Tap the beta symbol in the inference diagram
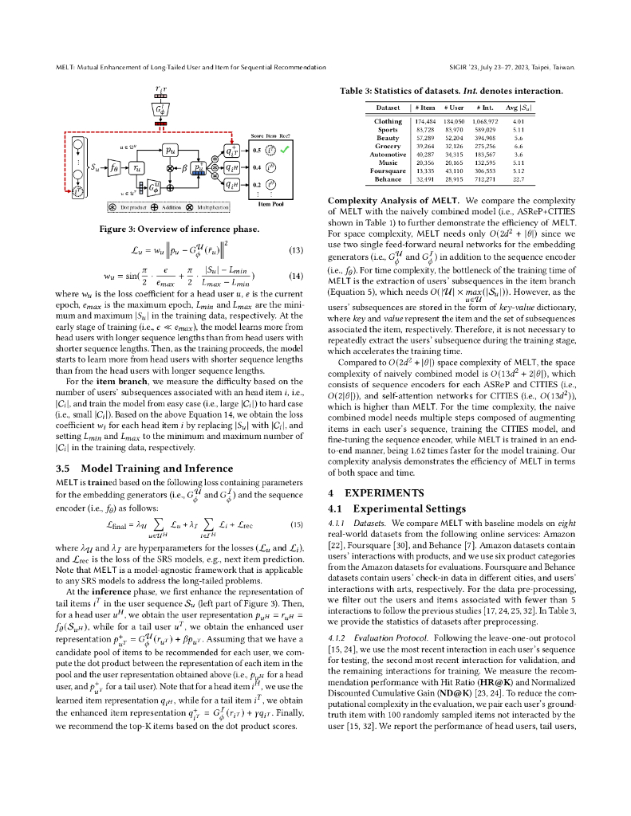(x=191, y=168)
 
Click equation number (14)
(x=295, y=276)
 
